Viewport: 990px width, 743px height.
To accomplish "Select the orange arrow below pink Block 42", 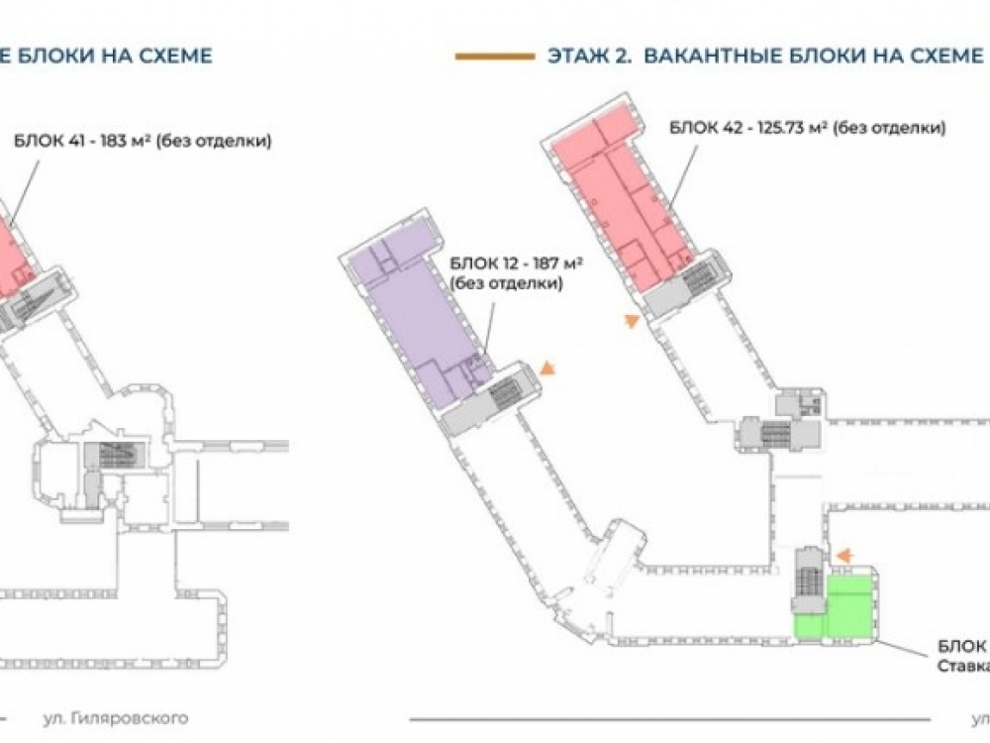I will (629, 321).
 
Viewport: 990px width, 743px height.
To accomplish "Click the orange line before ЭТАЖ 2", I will (494, 56).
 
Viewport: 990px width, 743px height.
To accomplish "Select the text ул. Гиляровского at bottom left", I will (115, 717).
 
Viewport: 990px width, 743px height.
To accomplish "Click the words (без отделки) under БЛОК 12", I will (506, 283).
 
